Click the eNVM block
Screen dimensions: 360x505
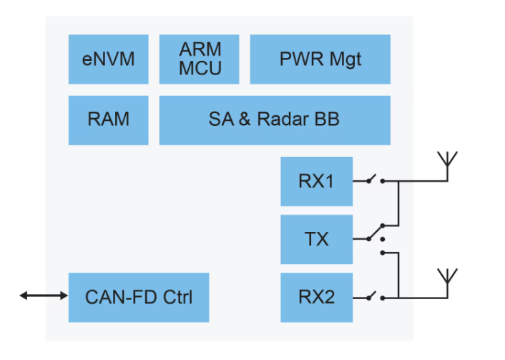[109, 59]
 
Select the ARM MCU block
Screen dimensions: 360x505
[200, 59]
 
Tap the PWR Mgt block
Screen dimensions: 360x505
[320, 59]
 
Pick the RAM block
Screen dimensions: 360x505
[109, 120]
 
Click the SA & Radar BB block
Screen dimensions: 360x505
[275, 120]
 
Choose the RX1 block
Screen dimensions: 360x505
[316, 181]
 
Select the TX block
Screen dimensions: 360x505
[316, 239]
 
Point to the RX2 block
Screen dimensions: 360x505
[316, 296]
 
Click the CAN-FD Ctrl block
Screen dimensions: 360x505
[139, 296]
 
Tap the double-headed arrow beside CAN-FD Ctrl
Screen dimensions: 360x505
[43, 296]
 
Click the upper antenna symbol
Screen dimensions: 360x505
[447, 164]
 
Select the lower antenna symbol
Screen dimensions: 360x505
[447, 280]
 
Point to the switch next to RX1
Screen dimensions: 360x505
[375, 180]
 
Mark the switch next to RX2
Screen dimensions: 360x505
[375, 295]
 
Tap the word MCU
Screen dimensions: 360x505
[200, 69]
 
